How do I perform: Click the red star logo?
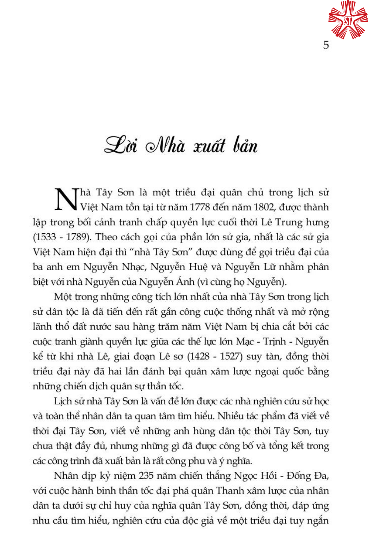(348, 20)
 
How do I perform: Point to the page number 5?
(326, 45)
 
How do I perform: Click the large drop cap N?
(67, 200)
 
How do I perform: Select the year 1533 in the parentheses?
(46, 237)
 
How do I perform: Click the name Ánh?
(185, 282)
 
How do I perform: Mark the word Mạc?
(245, 342)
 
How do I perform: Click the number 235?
(146, 476)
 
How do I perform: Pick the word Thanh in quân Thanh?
(230, 491)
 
